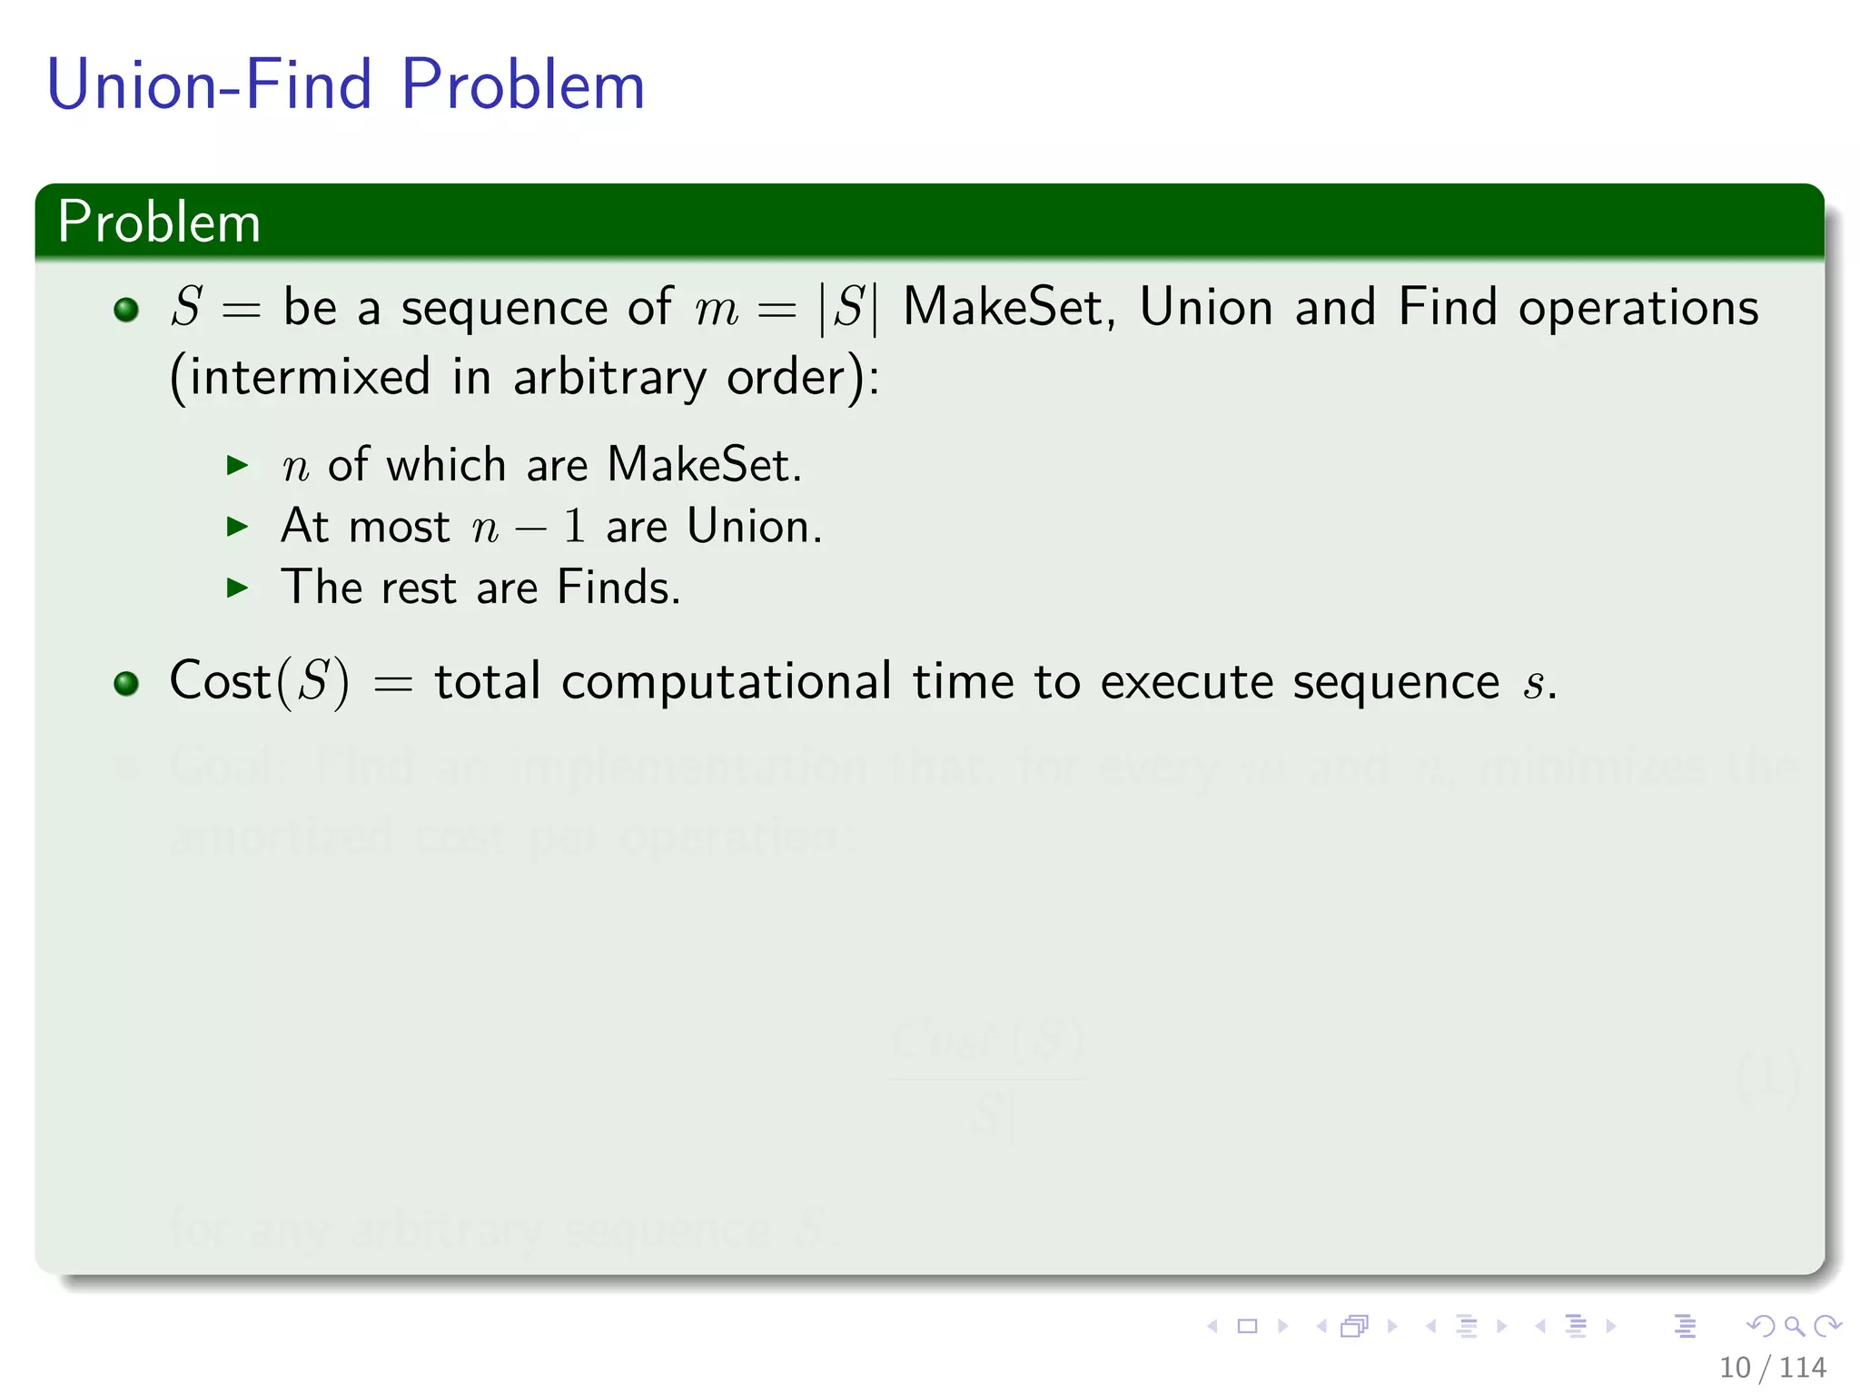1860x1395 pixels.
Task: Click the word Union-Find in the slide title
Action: (x=209, y=84)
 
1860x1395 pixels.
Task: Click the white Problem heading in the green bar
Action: (x=159, y=223)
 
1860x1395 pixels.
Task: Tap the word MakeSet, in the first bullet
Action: (x=1008, y=307)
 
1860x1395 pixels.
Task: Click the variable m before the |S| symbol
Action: (x=716, y=309)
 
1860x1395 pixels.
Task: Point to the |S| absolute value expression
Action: (x=848, y=308)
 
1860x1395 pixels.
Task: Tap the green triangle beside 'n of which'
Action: (x=237, y=466)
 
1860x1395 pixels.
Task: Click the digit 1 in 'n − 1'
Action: (x=573, y=527)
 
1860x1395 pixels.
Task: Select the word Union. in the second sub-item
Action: (x=754, y=527)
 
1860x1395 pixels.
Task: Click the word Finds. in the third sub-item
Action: (x=618, y=588)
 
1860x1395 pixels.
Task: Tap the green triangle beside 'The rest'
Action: (x=237, y=588)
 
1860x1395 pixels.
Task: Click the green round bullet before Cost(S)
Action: (x=126, y=683)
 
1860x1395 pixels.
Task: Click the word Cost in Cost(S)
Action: (x=220, y=681)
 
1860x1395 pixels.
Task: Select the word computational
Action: (x=727, y=683)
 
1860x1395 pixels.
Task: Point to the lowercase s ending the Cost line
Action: (x=1533, y=686)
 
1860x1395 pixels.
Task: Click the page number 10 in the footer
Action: (x=1734, y=1368)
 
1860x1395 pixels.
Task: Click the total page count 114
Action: (x=1803, y=1368)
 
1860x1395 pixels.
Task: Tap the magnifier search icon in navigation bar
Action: (x=1794, y=1326)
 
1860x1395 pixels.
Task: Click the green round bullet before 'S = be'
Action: (x=126, y=310)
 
